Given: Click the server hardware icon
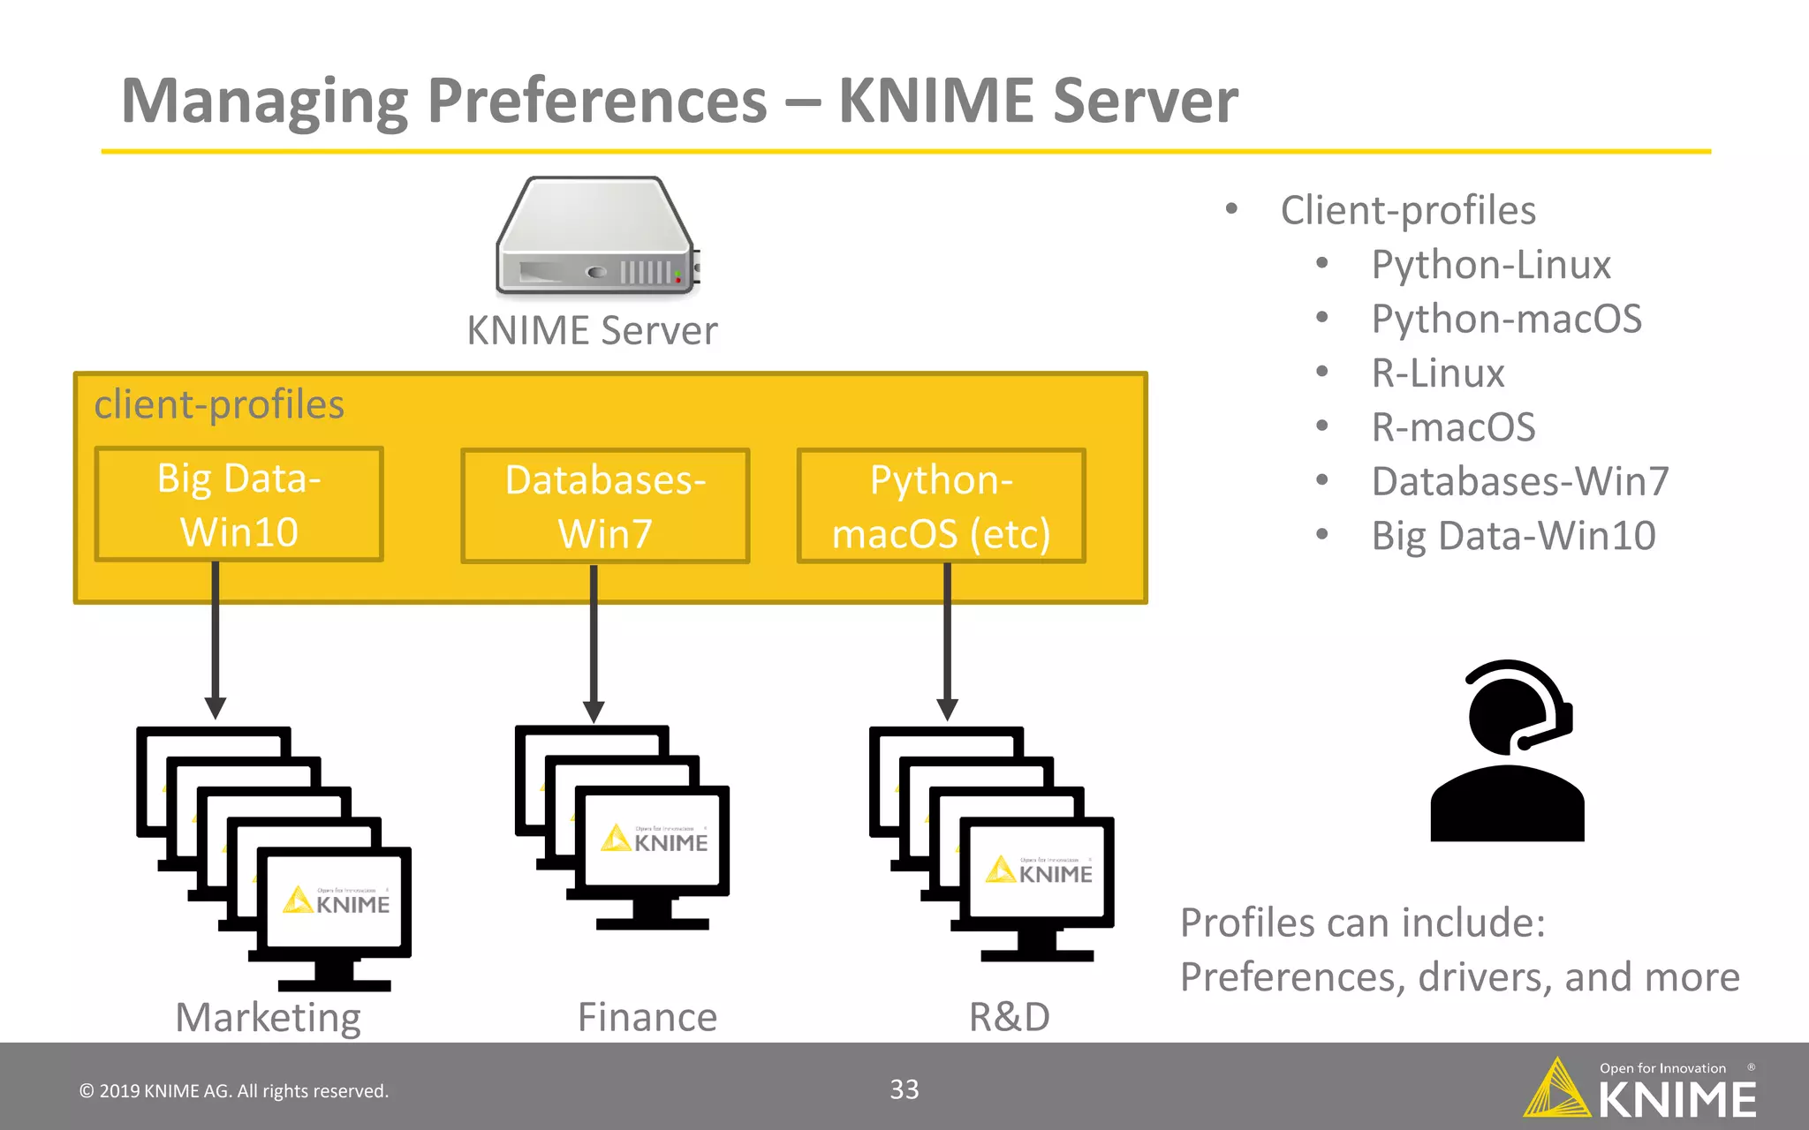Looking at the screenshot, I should (597, 237).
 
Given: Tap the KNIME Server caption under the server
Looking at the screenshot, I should (592, 331).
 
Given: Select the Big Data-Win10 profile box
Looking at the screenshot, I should (238, 504).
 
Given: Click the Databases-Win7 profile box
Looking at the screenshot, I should (605, 506).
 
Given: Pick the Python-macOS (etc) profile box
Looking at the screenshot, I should (941, 506).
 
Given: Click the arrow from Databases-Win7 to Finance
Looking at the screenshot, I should (594, 644).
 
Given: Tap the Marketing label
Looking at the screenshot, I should (268, 1018).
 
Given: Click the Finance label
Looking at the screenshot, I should (647, 1018).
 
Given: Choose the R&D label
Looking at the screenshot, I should (1009, 1018).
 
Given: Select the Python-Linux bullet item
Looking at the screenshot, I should (1491, 265).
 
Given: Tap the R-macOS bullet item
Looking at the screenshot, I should (1453, 427).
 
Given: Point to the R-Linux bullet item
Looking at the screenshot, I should (1438, 373).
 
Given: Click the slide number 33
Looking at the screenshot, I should (904, 1089).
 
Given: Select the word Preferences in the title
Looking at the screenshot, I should (597, 101).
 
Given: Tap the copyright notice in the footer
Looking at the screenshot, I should (234, 1091).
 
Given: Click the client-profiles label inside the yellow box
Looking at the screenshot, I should (219, 405).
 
